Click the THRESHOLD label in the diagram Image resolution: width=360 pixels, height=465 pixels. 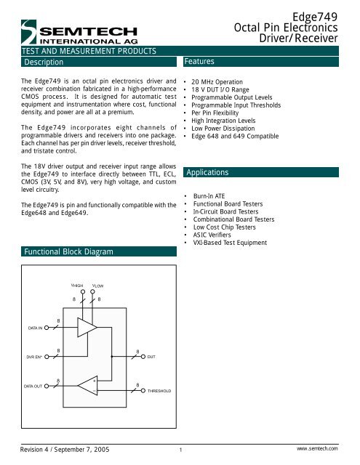coord(159,390)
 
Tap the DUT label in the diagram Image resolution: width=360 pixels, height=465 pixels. coord(151,357)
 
